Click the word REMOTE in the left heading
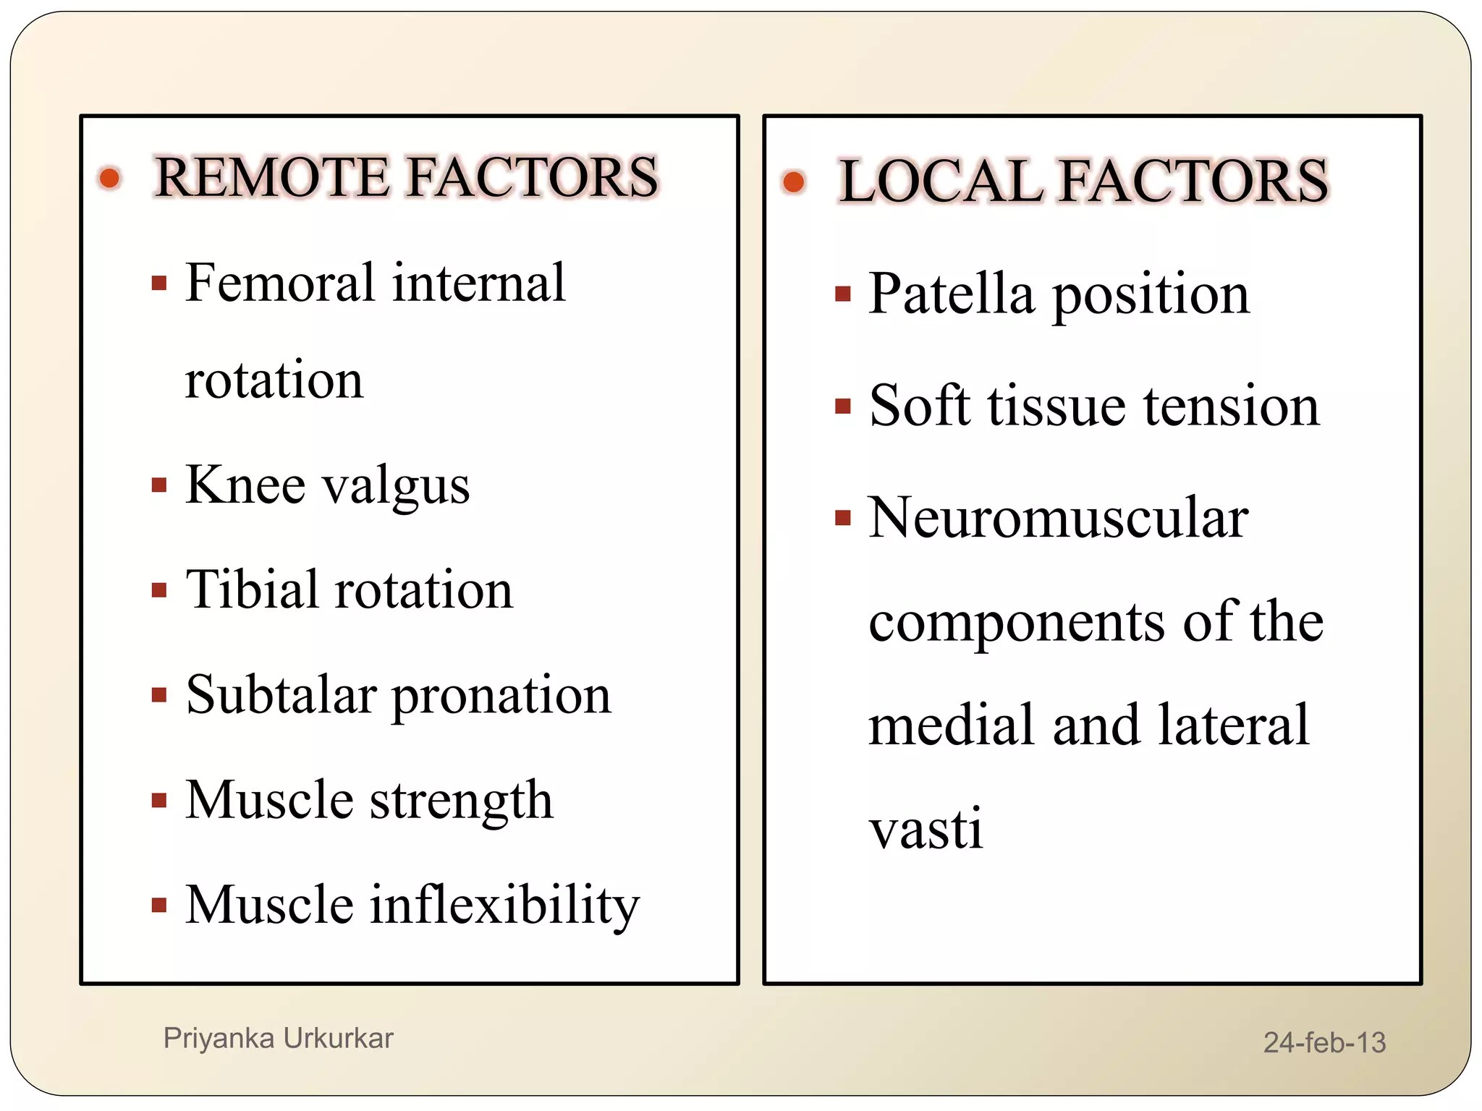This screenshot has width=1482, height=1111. point(272,177)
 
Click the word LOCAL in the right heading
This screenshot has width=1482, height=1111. point(940,181)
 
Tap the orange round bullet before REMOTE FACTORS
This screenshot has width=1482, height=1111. point(109,177)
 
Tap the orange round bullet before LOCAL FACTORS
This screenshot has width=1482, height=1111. point(793,181)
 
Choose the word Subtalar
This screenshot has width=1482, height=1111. point(281,694)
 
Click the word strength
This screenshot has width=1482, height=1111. point(462,801)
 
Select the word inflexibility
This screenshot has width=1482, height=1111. point(504,905)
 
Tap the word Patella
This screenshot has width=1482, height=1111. point(951,294)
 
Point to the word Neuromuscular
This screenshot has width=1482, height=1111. point(1058,518)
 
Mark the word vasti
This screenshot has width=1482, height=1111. point(926,829)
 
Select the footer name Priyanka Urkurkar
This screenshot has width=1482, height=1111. point(278,1038)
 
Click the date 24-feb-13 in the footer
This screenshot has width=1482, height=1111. point(1324,1042)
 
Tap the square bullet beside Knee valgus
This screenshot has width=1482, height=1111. point(159,485)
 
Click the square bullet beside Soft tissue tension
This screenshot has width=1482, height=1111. point(842,405)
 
